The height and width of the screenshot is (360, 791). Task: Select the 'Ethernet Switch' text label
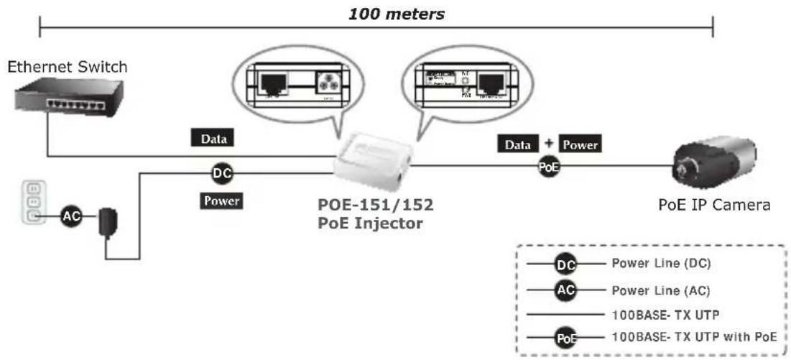click(67, 68)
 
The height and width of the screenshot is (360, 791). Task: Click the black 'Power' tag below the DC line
click(221, 201)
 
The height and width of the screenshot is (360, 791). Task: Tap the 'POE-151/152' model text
click(376, 204)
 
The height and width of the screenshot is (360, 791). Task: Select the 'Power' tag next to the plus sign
click(579, 144)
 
